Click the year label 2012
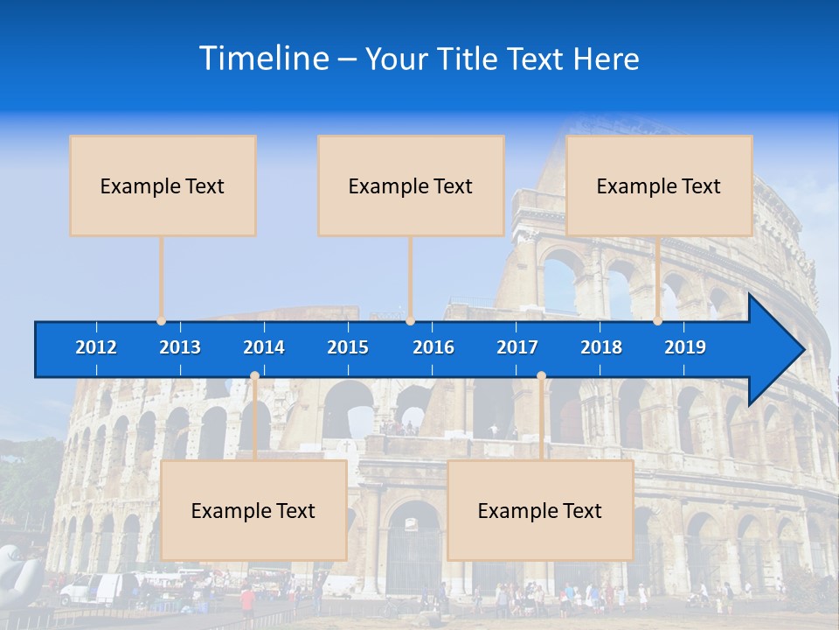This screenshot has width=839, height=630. [x=96, y=347]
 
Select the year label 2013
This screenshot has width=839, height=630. [x=180, y=347]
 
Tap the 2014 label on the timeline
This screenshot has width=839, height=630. [x=264, y=347]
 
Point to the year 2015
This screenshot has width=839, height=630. [x=348, y=347]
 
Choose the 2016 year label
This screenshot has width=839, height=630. [x=433, y=347]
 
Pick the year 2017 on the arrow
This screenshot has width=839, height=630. [x=517, y=347]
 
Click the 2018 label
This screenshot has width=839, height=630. [x=601, y=347]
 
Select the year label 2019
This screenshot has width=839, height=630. [x=685, y=347]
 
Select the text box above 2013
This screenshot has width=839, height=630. [x=163, y=185]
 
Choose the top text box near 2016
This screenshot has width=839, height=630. [x=411, y=185]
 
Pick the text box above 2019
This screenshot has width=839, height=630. [x=659, y=185]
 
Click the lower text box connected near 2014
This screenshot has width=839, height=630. [x=253, y=510]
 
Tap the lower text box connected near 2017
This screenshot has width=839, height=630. [x=540, y=510]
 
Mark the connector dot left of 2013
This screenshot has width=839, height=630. [x=162, y=320]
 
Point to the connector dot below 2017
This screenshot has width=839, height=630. [x=541, y=376]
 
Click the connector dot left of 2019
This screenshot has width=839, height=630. [x=657, y=320]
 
